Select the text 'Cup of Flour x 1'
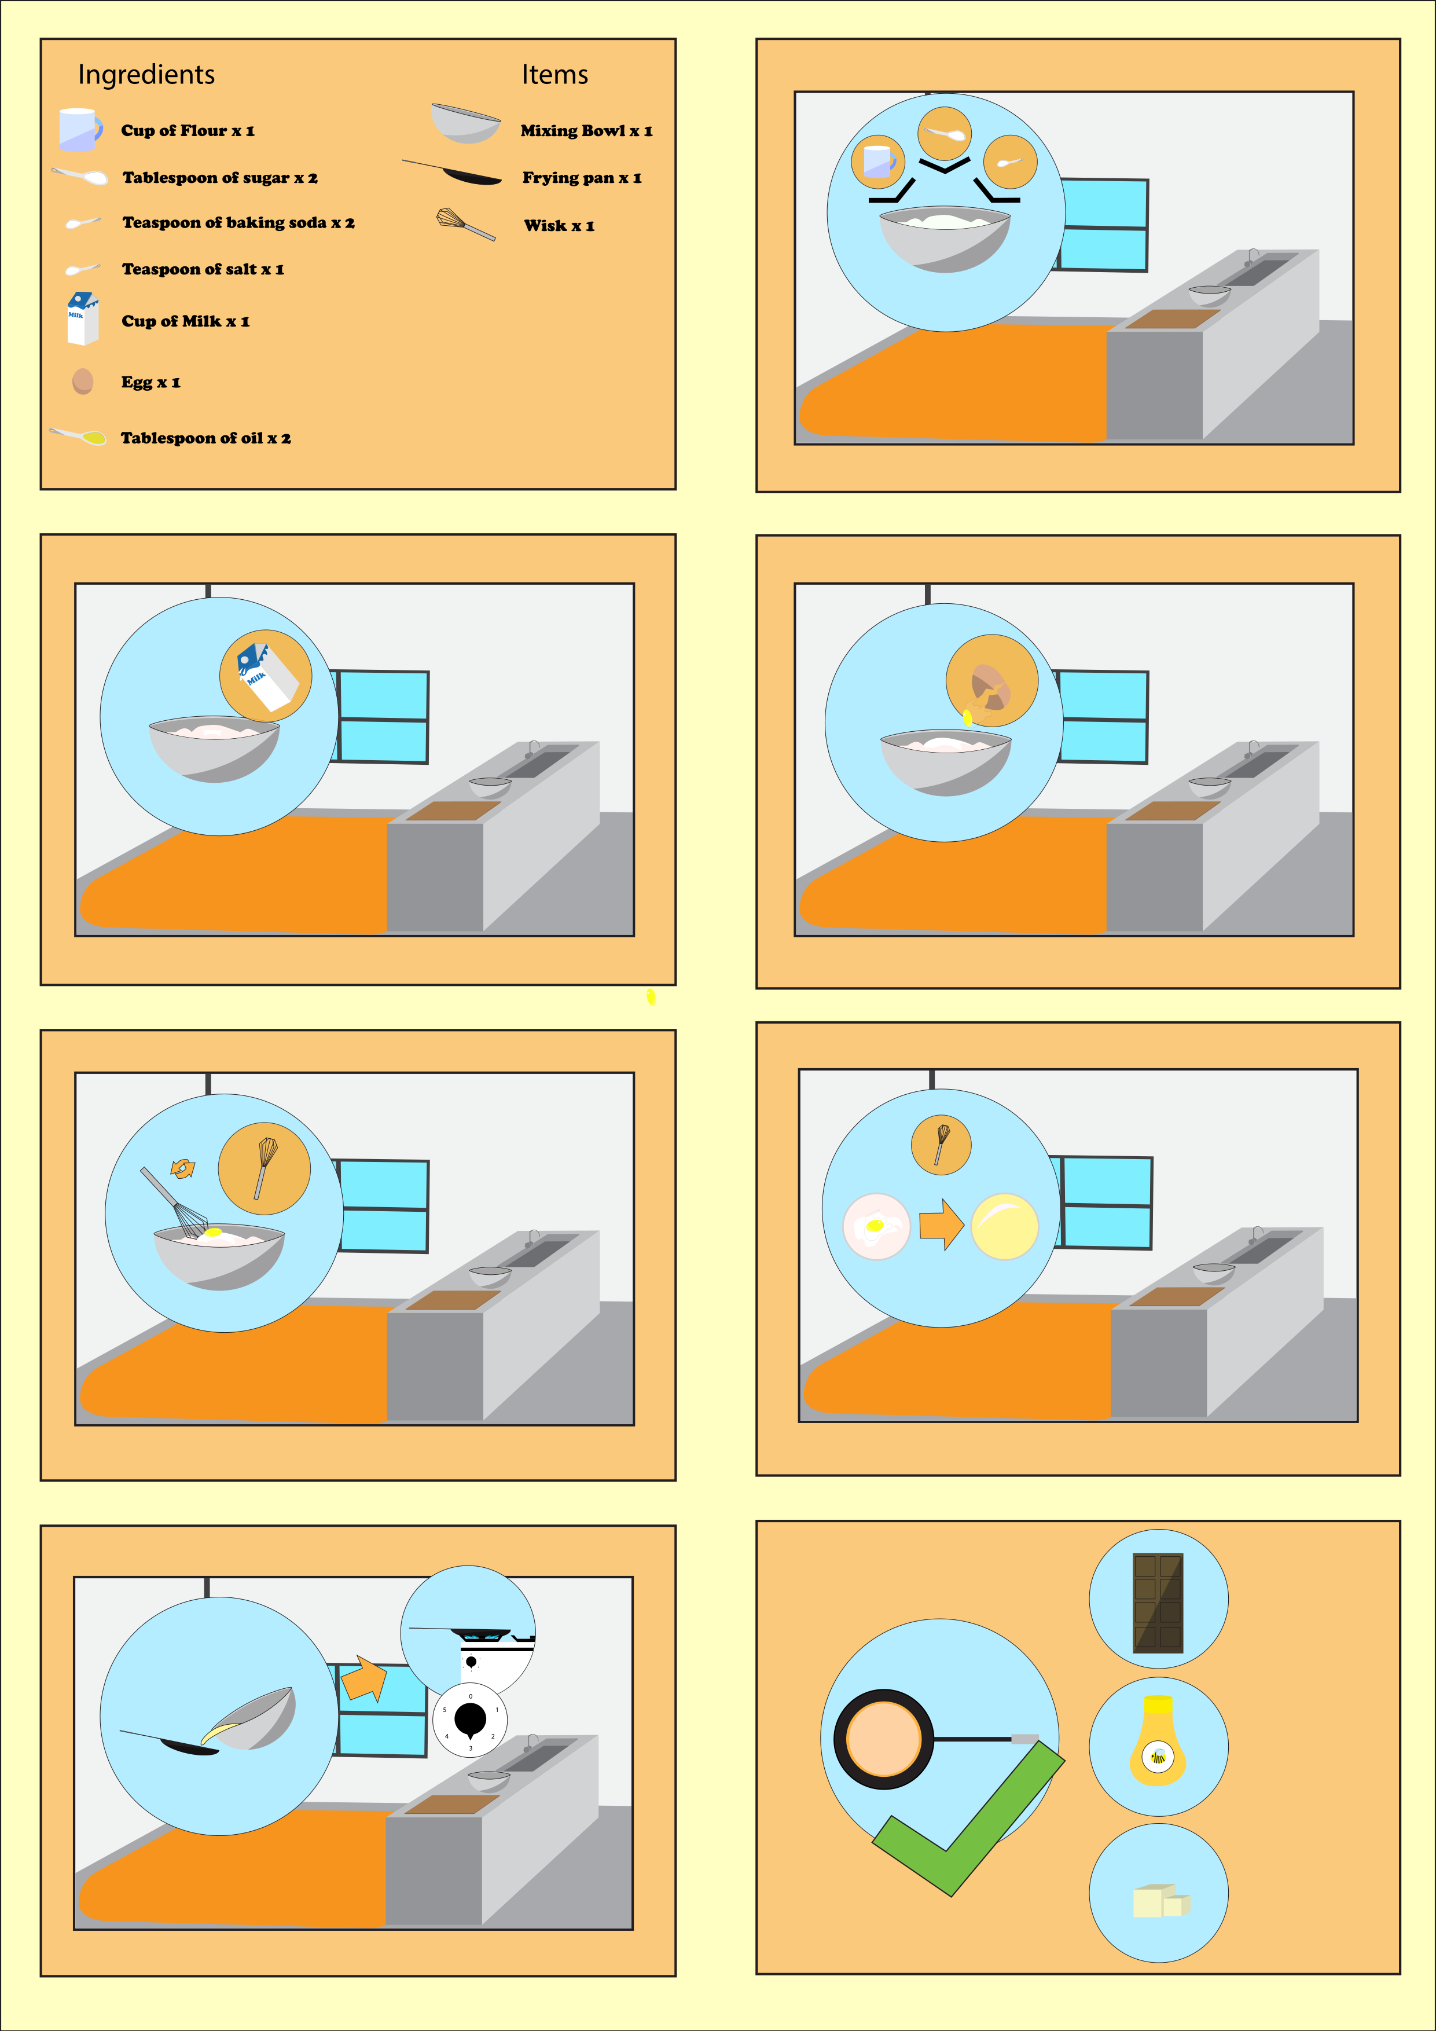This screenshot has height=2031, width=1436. [188, 131]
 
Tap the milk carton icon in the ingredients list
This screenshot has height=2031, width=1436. [82, 318]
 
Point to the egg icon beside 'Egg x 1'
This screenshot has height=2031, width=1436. [82, 382]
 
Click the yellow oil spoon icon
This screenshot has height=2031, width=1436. [79, 436]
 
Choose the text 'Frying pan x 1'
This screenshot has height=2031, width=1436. [582, 178]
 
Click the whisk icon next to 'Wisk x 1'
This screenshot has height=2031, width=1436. [465, 224]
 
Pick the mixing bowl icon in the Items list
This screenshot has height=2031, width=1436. [466, 123]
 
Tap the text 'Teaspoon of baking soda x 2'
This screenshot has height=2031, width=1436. [238, 223]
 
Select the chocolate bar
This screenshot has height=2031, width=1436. [1158, 1604]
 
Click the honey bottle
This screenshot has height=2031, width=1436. [1158, 1741]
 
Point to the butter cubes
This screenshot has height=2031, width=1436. [1161, 1900]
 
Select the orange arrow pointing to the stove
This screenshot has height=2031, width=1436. [364, 1678]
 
